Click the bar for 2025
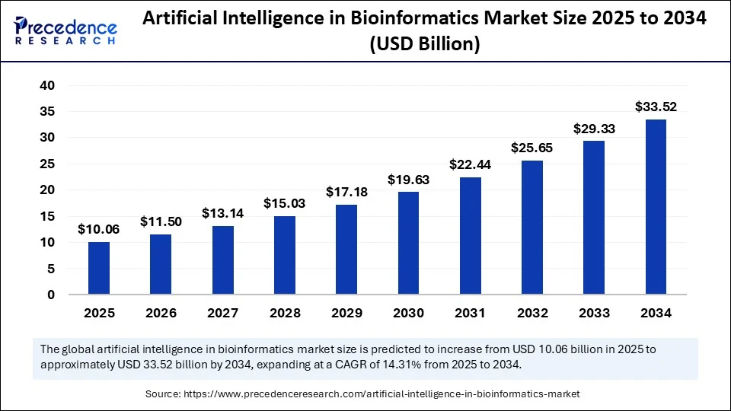point(99,268)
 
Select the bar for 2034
point(656,206)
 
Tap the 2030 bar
point(408,243)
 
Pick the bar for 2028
point(285,255)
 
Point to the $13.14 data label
point(222,214)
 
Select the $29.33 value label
point(594,129)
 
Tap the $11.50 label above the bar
point(161,222)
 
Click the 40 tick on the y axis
point(47,86)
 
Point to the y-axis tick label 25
point(47,164)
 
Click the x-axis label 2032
point(532,313)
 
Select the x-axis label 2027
point(222,313)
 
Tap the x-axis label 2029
point(346,313)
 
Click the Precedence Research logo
point(65,32)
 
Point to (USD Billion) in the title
point(424,45)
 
